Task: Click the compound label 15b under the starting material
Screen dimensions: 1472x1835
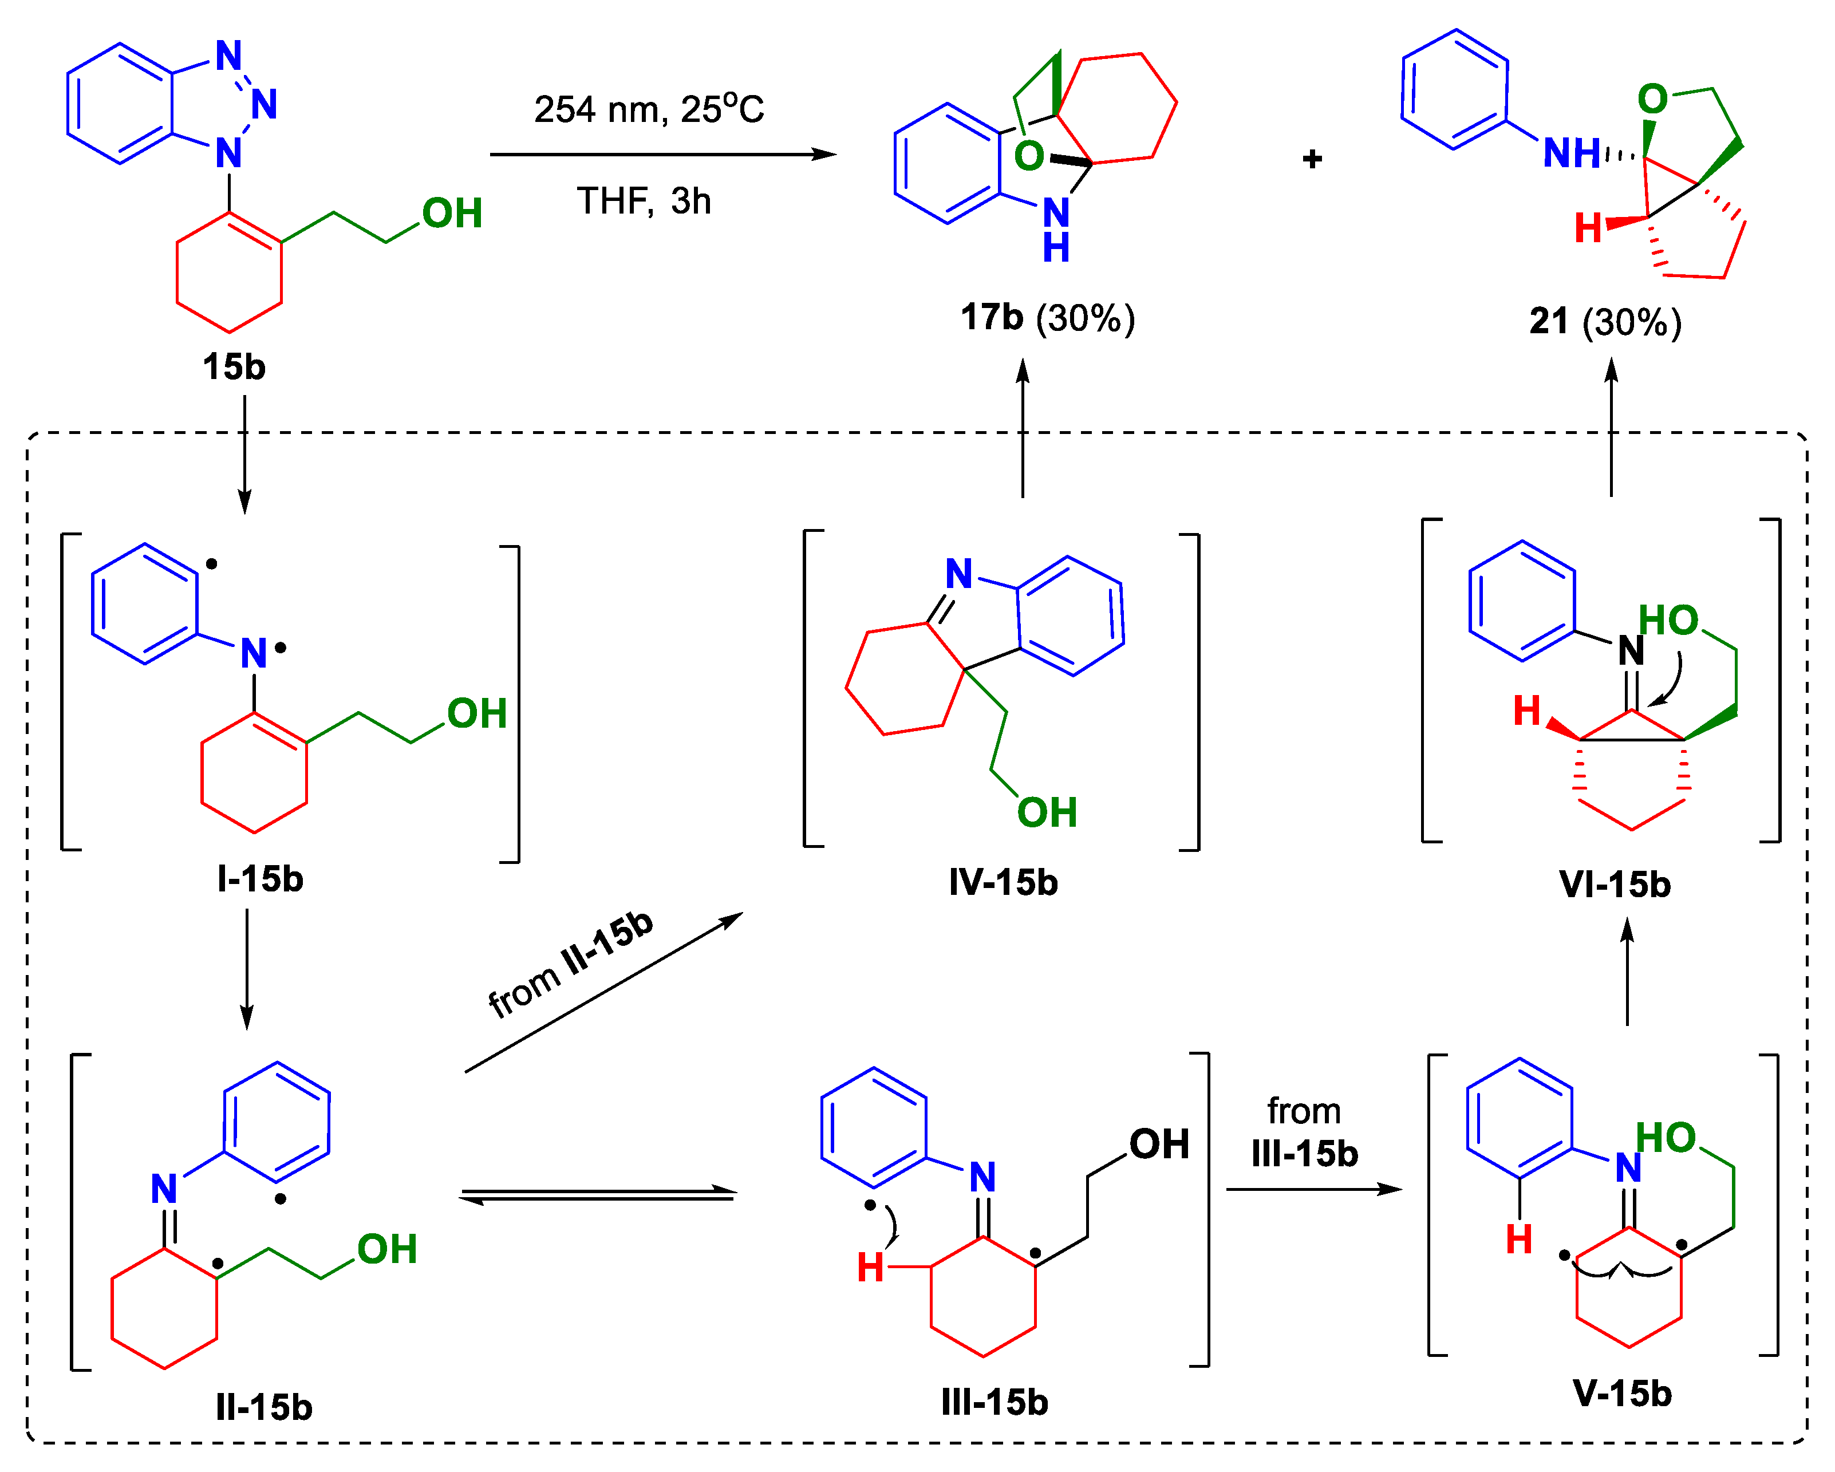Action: pyautogui.click(x=234, y=368)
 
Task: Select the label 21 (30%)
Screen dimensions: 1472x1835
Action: pyautogui.click(x=1605, y=322)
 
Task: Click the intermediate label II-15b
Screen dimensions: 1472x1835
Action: pyautogui.click(x=264, y=1408)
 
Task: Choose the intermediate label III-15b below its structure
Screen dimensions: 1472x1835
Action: pyautogui.click(x=994, y=1402)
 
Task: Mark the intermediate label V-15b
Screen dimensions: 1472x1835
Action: pyautogui.click(x=1622, y=1394)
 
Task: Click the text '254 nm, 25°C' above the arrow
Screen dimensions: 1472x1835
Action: pyautogui.click(x=649, y=109)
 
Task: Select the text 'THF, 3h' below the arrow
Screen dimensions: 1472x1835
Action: pyautogui.click(x=644, y=202)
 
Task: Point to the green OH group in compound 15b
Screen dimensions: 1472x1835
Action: pyautogui.click(x=452, y=214)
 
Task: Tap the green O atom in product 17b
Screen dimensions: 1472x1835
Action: pyautogui.click(x=1029, y=156)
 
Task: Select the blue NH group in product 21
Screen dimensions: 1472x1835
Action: pyautogui.click(x=1571, y=154)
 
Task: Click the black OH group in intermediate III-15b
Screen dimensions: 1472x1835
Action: pyautogui.click(x=1159, y=1145)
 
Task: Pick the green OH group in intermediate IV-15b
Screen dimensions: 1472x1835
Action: pyautogui.click(x=1047, y=812)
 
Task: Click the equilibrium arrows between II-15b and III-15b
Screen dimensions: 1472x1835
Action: pyautogui.click(x=598, y=1195)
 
